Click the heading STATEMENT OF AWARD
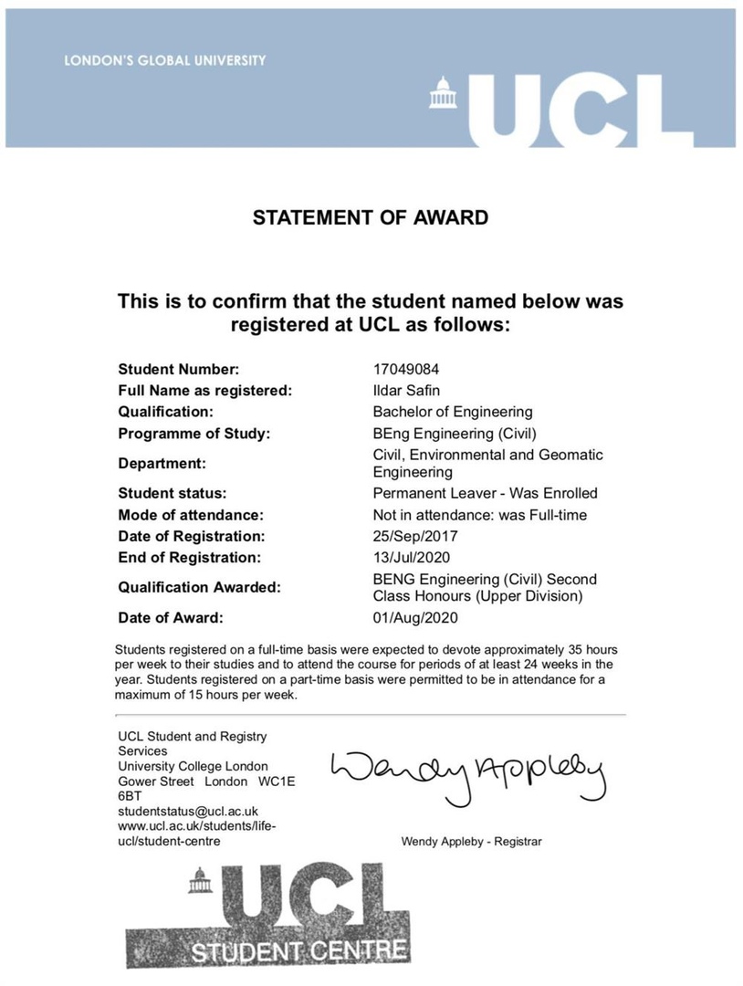point(371,217)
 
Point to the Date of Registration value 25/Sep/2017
point(414,536)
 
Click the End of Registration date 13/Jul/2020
point(413,557)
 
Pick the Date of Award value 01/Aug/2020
point(415,618)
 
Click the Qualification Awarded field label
point(199,587)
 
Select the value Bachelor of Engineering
point(453,412)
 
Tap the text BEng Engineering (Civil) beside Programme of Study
point(454,433)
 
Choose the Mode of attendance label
point(191,515)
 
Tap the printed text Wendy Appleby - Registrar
point(471,841)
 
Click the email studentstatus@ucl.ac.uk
point(188,811)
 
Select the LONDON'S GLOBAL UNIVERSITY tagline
point(165,61)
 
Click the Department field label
point(162,463)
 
